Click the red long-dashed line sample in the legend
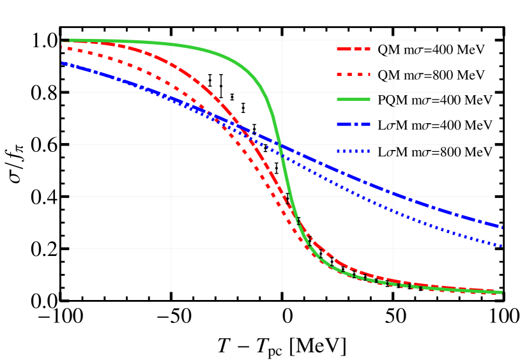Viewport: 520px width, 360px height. click(353, 49)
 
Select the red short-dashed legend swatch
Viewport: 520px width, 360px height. click(353, 74)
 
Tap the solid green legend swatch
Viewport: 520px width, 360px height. click(353, 99)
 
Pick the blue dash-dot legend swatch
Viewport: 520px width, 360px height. click(353, 124)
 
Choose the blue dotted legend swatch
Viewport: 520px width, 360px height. click(353, 151)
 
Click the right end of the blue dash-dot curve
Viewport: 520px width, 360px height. click(502, 227)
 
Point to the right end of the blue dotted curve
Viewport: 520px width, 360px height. click(502, 246)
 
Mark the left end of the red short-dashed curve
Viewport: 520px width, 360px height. click(62, 47)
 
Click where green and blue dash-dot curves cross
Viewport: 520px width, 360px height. click(280, 146)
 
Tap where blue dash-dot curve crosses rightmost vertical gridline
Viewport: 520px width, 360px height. click(393, 193)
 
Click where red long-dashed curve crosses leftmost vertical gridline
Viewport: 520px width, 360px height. click(171, 64)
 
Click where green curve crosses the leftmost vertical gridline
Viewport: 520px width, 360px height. click(171, 44)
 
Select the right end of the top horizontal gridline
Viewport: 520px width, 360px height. click(494, 40)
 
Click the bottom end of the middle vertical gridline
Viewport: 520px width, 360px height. click(282, 292)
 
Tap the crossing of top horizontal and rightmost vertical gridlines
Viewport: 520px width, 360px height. click(393, 40)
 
